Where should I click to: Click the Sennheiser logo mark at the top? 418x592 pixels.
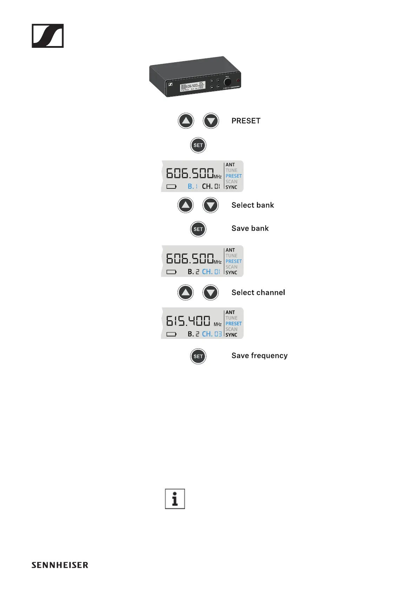[48, 36]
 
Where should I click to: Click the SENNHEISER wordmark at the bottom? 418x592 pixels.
[60, 565]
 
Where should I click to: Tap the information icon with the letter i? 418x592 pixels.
[175, 498]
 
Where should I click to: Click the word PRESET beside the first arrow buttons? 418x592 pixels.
[246, 121]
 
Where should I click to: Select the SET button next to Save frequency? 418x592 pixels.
[198, 356]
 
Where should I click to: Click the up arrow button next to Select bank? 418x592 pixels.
[186, 205]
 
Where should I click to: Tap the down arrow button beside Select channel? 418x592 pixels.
[211, 292]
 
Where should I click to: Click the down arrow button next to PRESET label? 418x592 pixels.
[211, 121]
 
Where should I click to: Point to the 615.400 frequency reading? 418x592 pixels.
[188, 321]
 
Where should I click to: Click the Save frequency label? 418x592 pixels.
[259, 356]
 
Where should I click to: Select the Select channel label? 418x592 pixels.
[258, 292]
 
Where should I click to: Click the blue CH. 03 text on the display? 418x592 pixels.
[212, 334]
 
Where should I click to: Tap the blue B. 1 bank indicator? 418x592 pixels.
[193, 186]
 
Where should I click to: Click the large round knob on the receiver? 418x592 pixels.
[227, 82]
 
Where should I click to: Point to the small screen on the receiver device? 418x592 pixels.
[193, 87]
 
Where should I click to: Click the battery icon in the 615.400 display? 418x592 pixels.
[171, 334]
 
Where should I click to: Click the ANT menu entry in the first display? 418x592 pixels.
[230, 165]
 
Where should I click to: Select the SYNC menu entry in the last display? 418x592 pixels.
[231, 335]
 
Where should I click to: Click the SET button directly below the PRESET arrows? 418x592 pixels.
[198, 145]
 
